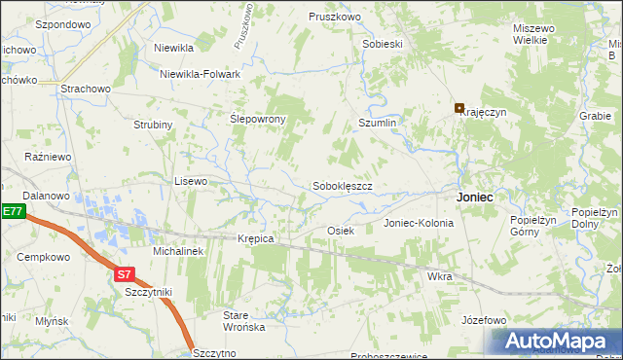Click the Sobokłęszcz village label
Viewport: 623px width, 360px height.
point(343,185)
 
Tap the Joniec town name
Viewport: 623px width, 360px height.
point(474,197)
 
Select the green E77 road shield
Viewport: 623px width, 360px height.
point(11,211)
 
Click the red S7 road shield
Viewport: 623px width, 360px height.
point(124,274)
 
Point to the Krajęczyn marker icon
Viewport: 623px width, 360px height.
point(459,108)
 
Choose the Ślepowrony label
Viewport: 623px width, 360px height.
point(257,119)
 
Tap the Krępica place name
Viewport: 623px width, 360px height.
point(256,238)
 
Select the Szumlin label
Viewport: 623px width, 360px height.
point(378,124)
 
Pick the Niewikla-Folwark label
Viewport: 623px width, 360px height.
point(201,72)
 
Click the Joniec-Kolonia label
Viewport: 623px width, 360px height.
point(419,223)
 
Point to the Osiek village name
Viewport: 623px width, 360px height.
point(340,231)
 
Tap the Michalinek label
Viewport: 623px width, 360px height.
point(177,250)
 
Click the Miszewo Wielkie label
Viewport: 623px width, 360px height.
point(534,34)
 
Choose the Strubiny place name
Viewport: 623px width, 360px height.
point(153,125)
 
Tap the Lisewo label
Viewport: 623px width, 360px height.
point(191,181)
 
